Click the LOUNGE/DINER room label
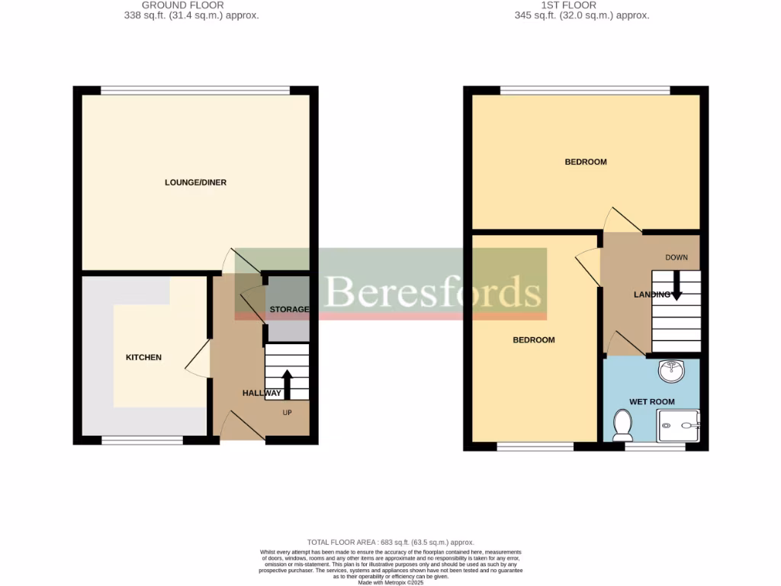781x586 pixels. (195, 182)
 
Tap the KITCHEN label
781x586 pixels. (143, 357)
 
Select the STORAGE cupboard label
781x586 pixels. (289, 309)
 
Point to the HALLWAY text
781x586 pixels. (262, 393)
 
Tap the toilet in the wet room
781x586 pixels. (622, 424)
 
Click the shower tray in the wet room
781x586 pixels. (678, 426)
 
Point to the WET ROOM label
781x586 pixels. (652, 401)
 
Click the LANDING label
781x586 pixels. (651, 295)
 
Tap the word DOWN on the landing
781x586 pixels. (677, 257)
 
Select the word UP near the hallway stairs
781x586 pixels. (288, 413)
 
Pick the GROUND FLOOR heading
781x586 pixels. (182, 5)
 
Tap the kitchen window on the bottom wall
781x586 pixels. (143, 439)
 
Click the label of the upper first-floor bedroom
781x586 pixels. (585, 162)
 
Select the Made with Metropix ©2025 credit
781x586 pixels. (390, 582)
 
